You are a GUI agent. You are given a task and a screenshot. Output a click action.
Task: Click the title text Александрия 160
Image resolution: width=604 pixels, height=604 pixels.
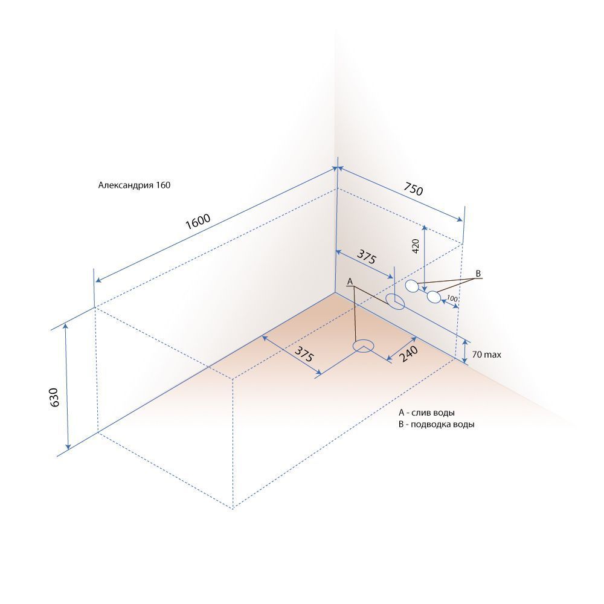pyautogui.click(x=134, y=185)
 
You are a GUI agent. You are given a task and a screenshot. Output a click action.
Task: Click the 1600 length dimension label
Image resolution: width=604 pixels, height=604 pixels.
pyautogui.click(x=198, y=221)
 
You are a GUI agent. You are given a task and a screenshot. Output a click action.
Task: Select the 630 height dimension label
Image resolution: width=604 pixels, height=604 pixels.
pyautogui.click(x=54, y=397)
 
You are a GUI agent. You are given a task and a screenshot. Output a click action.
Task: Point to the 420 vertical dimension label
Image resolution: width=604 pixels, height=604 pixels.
pyautogui.click(x=416, y=246)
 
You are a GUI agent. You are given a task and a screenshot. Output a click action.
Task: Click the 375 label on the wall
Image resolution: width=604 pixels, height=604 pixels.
pyautogui.click(x=366, y=257)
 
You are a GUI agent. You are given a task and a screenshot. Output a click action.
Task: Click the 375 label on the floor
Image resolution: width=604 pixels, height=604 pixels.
pyautogui.click(x=304, y=353)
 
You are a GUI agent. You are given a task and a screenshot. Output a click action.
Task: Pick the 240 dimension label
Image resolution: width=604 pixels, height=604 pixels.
pyautogui.click(x=408, y=353)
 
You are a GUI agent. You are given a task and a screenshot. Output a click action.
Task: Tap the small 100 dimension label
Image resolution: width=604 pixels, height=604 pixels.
pyautogui.click(x=452, y=298)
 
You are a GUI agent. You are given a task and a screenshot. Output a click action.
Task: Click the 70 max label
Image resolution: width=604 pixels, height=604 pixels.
pyautogui.click(x=486, y=355)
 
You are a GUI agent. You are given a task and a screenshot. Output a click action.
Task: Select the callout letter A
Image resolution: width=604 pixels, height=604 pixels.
pyautogui.click(x=350, y=281)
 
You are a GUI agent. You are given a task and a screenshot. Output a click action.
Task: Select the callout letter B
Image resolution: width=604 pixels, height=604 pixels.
pyautogui.click(x=478, y=274)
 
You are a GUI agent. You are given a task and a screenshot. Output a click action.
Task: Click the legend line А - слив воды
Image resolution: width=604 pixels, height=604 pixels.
pyautogui.click(x=426, y=413)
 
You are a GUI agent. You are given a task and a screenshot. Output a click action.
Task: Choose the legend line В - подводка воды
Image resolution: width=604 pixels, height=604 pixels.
pyautogui.click(x=437, y=425)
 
